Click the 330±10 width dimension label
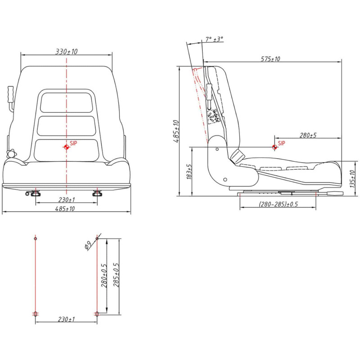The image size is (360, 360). pos(67,51)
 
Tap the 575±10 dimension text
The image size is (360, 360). pos(270,59)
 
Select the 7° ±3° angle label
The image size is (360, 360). pos(214,39)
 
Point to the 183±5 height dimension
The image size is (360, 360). pos(189,171)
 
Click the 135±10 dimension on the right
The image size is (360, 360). pos(352,179)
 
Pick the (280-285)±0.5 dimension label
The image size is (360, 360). pos(278,204)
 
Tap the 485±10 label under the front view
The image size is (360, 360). pos(65,209)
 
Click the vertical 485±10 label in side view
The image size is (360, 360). pos(176,131)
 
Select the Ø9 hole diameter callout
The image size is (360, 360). pos(88,245)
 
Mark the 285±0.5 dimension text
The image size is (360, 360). pos(116,275)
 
